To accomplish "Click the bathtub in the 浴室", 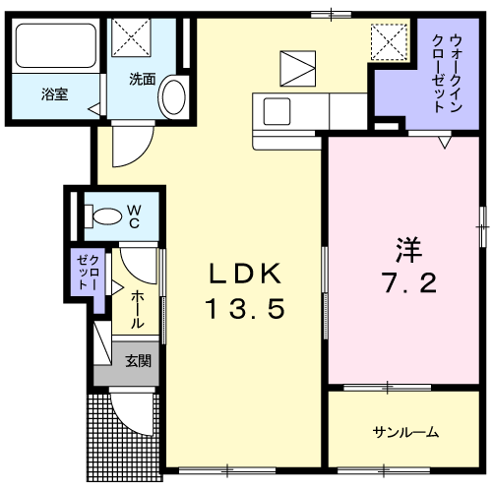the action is (x=56, y=45).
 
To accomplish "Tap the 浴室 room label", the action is (x=54, y=94).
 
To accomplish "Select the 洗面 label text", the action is (x=142, y=80).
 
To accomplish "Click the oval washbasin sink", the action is (x=174, y=97).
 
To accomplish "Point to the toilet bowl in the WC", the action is (x=107, y=216).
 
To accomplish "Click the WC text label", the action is (x=134, y=216).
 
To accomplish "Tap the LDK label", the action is (x=245, y=274).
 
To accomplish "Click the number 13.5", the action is (x=245, y=309).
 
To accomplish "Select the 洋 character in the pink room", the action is (x=408, y=249).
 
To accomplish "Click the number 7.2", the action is (x=409, y=283).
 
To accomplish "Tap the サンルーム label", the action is (x=405, y=432).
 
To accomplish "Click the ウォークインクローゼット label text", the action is (x=447, y=74).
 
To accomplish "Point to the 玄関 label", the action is (x=138, y=361).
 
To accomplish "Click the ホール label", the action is (x=138, y=310).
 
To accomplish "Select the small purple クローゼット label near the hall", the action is (x=88, y=273).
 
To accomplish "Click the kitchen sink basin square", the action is (x=277, y=111).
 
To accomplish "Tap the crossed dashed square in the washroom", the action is (x=132, y=37).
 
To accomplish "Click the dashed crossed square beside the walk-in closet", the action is (x=390, y=42).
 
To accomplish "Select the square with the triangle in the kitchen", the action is (x=298, y=69).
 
